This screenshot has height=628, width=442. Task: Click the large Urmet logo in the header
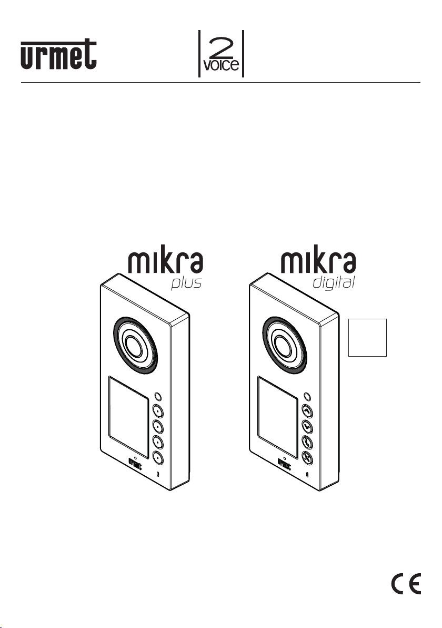pos(58,54)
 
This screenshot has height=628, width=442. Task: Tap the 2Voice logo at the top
pos(221,54)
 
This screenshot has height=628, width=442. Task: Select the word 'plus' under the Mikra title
pos(186,283)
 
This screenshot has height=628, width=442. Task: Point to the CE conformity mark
pos(406,584)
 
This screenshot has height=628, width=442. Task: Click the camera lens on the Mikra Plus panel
pos(135,345)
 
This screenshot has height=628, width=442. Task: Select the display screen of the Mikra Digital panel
pos(278,417)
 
